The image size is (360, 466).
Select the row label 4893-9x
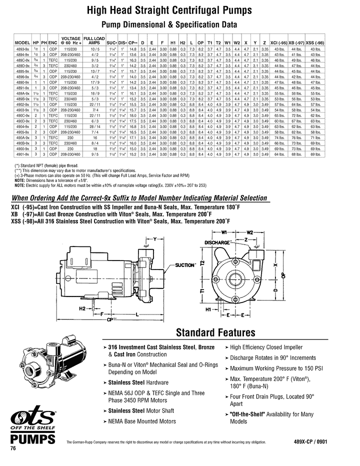coord(22,49)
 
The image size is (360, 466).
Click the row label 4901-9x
coord(22,154)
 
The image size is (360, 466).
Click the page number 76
coord(13,448)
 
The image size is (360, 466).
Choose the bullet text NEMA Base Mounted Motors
coord(142,421)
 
